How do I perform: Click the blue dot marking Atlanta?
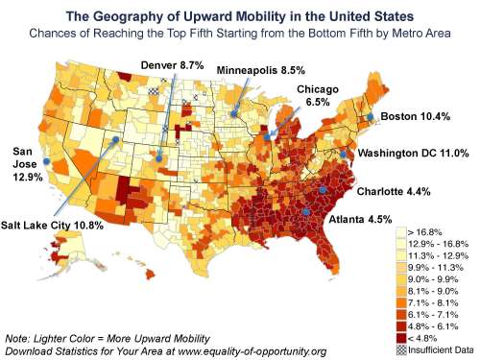coord(305,212)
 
